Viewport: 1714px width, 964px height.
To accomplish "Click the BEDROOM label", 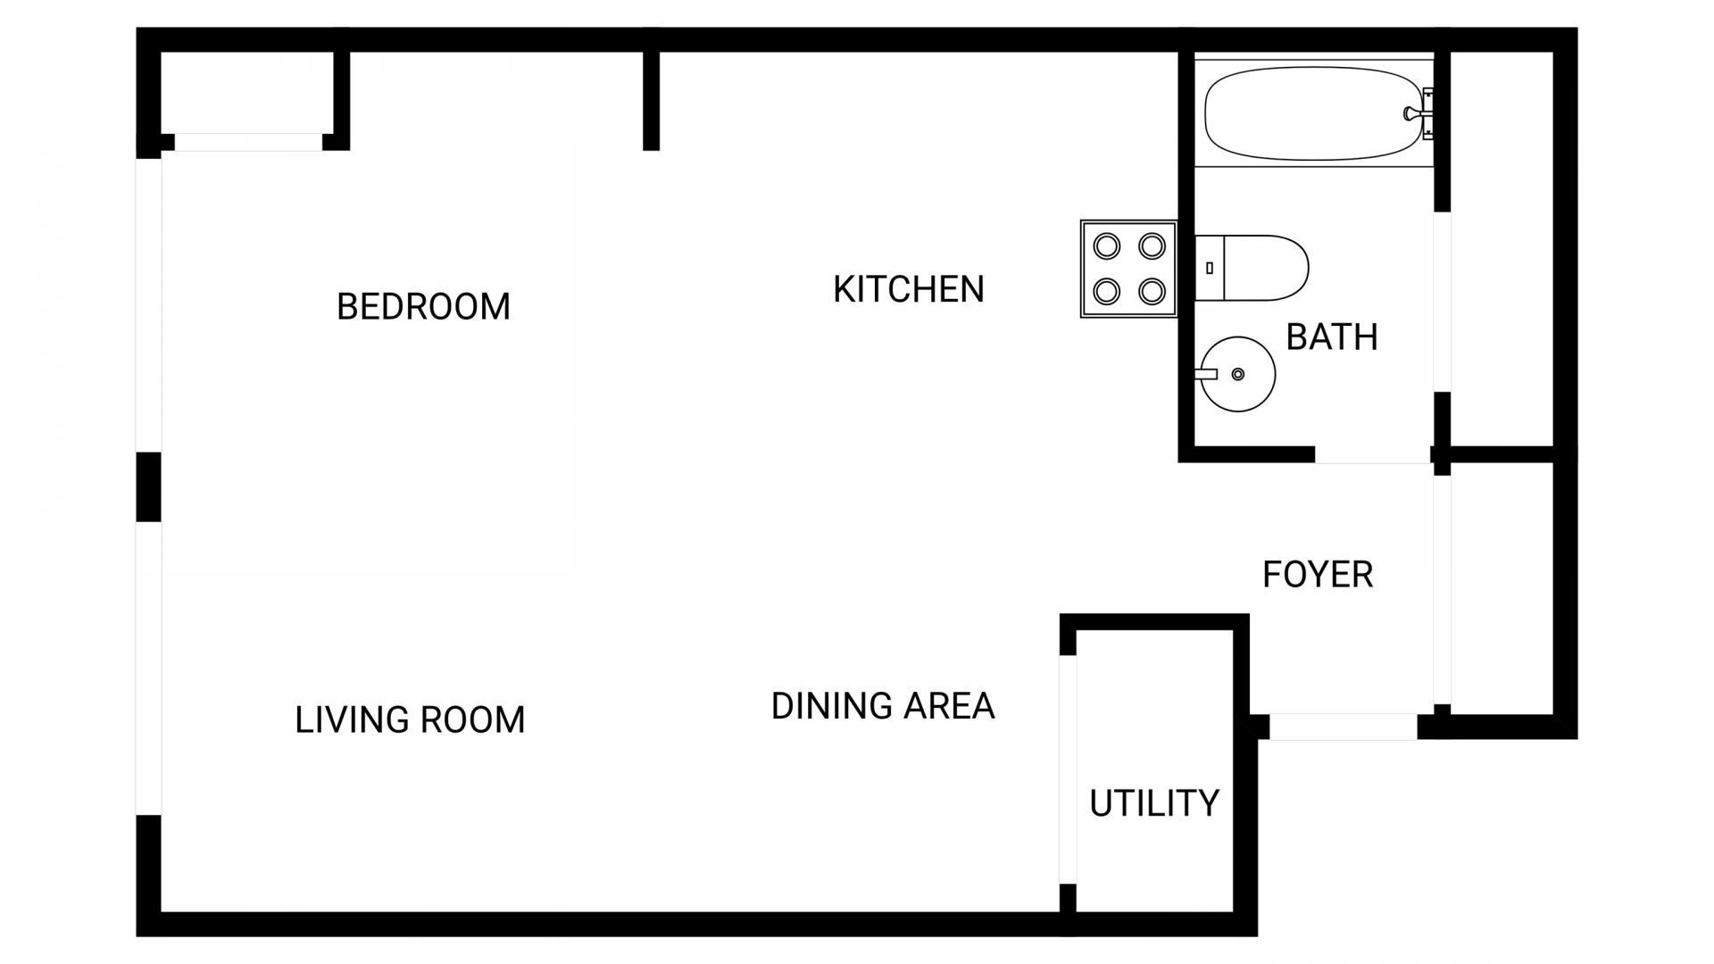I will (423, 307).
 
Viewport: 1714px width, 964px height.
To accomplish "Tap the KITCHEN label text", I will (908, 289).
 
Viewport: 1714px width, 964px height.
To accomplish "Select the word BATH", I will (1331, 337).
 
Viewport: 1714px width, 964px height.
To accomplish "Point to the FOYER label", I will (1317, 575).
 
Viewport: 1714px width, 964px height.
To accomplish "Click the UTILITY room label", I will (1153, 804).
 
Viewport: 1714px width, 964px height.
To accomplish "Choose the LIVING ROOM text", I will (410, 720).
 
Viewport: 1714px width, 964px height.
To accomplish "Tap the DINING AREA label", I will (882, 706).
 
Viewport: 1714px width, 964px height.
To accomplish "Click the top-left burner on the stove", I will (1106, 246).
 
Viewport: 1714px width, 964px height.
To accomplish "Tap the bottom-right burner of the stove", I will (1152, 291).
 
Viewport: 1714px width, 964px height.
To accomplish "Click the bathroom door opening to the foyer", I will (1372, 455).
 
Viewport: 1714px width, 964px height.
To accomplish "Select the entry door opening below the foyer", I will (1343, 727).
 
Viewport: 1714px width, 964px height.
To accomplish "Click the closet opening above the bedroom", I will (248, 142).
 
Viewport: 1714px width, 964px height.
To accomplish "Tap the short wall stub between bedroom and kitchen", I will (651, 100).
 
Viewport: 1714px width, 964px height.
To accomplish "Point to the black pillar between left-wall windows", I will (148, 486).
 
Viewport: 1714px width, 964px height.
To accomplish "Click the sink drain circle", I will (1237, 374).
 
